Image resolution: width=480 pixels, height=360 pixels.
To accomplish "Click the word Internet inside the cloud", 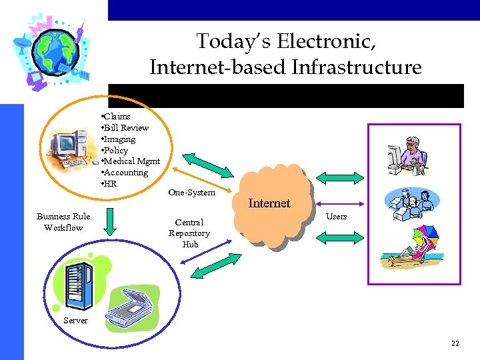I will coord(269,203).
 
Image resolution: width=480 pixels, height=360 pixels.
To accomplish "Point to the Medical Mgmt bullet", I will coord(131,161).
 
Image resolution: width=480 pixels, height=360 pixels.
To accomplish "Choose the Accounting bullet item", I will coord(125,173).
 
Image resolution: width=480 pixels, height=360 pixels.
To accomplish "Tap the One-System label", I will coord(191,193).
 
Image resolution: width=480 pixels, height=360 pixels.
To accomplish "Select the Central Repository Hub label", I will coord(189,233).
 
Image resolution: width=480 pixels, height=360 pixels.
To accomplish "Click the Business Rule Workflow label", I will coord(63,222).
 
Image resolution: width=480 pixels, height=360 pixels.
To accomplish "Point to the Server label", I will coord(75,321).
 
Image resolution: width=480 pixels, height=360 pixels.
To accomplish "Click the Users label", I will coord(336,217).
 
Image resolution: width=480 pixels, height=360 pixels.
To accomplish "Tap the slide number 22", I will coord(455,343).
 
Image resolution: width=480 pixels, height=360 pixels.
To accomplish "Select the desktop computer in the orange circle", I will coord(71,147).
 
